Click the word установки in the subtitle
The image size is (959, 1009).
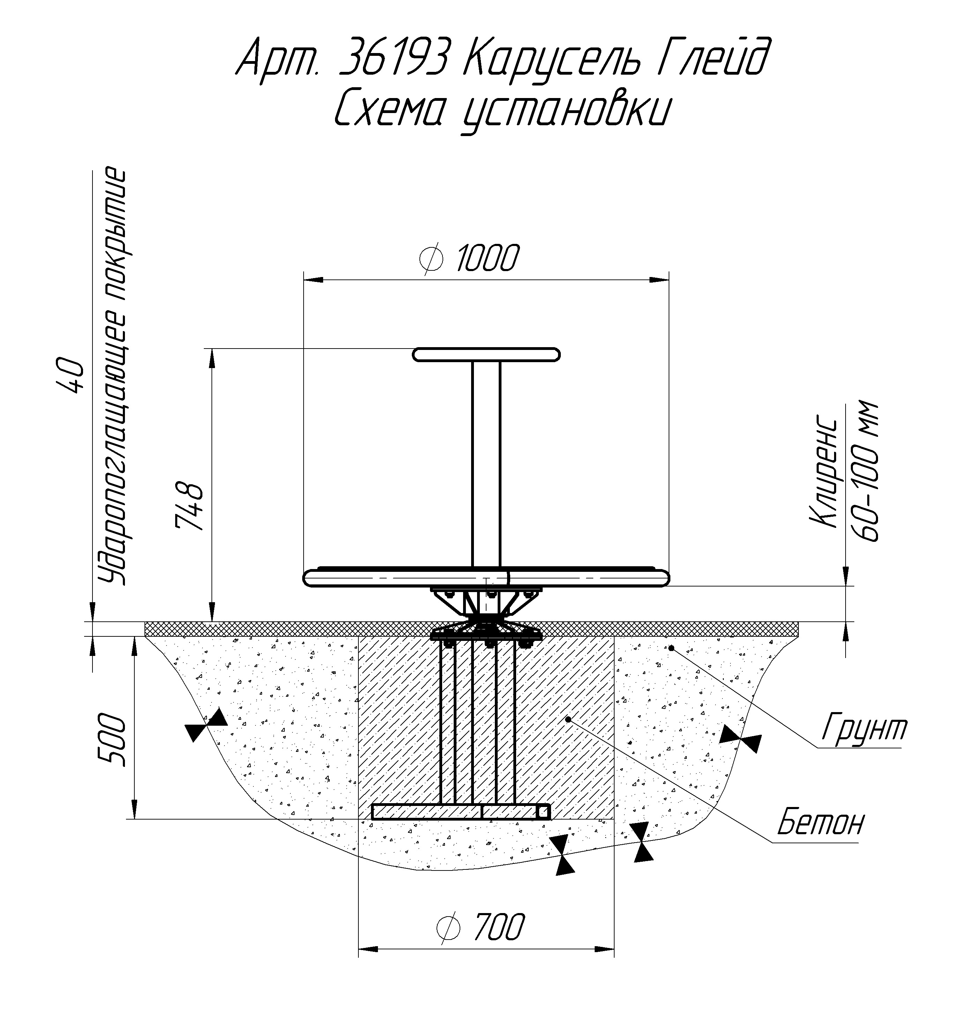coord(565,112)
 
